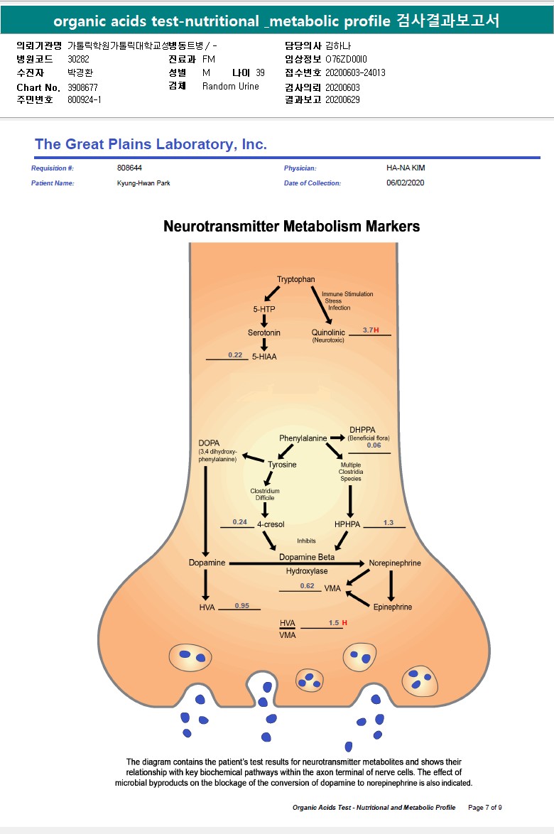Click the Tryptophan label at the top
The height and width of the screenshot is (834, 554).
point(295,280)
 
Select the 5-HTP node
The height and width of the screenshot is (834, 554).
point(264,310)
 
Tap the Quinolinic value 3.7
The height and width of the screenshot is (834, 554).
point(368,330)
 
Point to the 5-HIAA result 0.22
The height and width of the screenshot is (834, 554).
point(235,354)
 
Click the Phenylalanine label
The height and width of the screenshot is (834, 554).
point(303,438)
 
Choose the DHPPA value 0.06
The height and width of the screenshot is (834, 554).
point(374,445)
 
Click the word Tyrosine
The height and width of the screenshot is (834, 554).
point(282,465)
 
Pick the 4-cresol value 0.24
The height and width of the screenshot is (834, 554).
point(239,522)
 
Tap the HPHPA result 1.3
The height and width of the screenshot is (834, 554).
point(388,523)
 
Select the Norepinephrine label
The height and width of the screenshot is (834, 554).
point(395,563)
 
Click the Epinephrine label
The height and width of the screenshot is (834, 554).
point(393,607)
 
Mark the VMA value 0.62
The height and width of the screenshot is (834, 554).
point(307,586)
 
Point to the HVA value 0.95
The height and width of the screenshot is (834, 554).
point(242,606)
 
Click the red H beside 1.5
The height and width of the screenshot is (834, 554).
point(344,623)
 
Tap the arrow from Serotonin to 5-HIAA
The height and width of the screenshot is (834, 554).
point(264,345)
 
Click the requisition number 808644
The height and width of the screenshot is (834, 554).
point(129,168)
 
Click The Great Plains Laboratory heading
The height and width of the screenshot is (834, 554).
point(151,144)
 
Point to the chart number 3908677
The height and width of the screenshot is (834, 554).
point(83,87)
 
